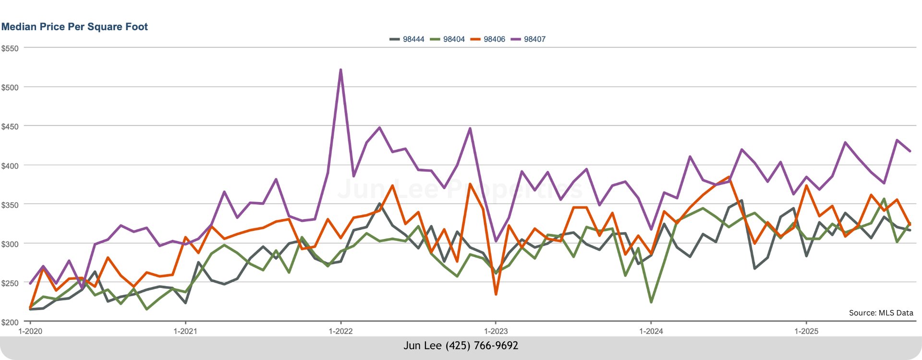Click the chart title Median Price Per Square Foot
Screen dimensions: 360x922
[74, 27]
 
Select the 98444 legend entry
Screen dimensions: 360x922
[407, 39]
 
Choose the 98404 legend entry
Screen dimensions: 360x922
[448, 39]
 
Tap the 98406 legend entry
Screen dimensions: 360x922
[488, 39]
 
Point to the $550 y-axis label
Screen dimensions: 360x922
[10, 48]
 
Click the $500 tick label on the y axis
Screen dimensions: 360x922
[10, 88]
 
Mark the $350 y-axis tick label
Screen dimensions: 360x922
[10, 205]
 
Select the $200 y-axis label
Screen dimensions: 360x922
[10, 322]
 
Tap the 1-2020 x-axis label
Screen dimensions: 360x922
[30, 331]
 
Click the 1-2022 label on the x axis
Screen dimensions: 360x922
[340, 331]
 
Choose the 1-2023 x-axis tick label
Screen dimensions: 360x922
[496, 331]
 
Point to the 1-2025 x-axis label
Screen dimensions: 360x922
[806, 331]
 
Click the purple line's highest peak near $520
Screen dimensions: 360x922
[340, 70]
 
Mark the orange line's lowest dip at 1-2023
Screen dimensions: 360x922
[496, 294]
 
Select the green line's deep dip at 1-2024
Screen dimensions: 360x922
[651, 302]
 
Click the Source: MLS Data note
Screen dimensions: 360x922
[881, 313]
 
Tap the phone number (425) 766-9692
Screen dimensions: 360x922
[482, 346]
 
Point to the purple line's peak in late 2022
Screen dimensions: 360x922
[470, 129]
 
